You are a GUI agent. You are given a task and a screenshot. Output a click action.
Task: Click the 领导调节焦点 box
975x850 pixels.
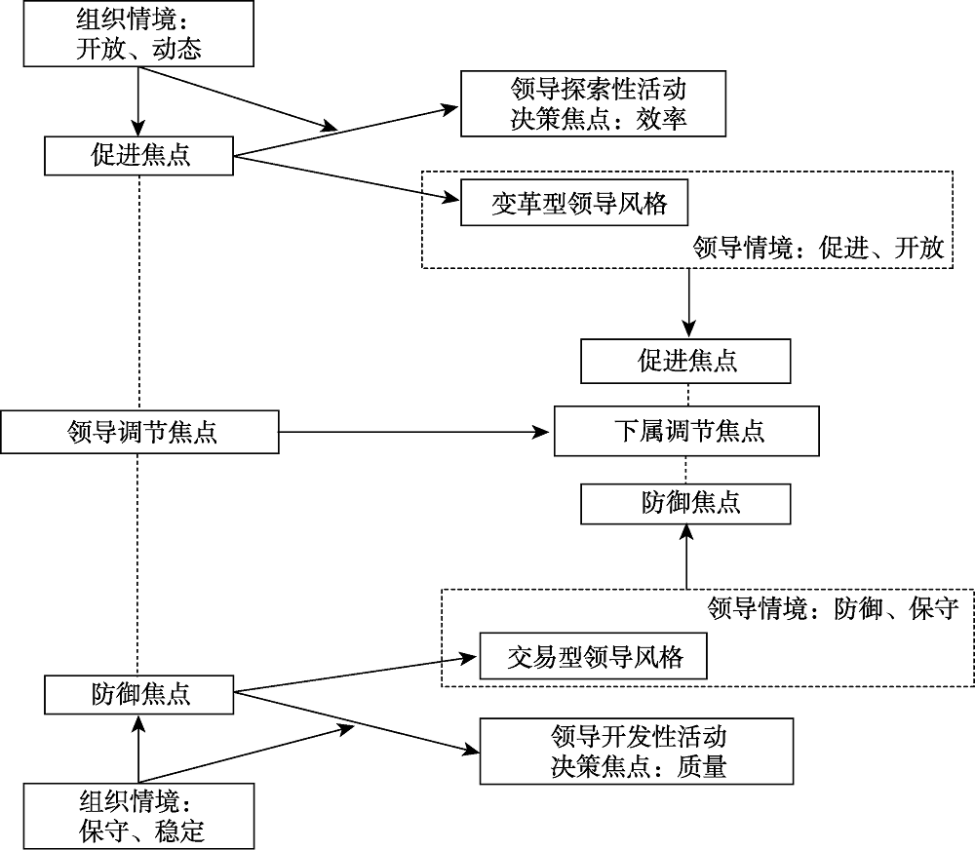coord(139,431)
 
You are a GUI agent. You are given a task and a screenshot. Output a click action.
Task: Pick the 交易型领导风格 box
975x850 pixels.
coord(594,657)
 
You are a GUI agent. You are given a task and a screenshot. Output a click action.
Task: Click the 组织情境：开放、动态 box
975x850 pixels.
coord(137,34)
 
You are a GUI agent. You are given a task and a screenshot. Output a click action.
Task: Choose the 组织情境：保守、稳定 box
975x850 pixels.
coord(139,817)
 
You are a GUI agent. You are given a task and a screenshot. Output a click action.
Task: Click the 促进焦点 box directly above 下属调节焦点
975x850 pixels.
coord(686,361)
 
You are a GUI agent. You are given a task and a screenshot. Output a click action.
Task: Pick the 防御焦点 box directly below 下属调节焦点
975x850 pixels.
coord(686,504)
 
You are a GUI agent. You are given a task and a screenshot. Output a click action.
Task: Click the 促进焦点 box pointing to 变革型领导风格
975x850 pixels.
coord(139,156)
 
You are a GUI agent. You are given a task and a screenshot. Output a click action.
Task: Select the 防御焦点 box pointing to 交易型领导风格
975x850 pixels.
coord(139,695)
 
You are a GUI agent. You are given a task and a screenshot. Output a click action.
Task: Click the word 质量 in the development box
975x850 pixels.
coord(700,767)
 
